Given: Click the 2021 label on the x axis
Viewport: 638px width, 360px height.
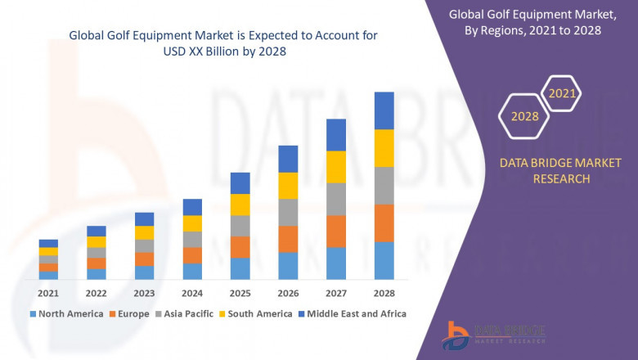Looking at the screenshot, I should tap(48, 293).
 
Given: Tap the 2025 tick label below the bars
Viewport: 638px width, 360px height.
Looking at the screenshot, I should tap(240, 293).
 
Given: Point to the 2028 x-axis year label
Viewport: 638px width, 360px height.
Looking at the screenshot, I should tap(384, 293).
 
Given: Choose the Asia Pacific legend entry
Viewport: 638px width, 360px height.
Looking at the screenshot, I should tap(188, 313).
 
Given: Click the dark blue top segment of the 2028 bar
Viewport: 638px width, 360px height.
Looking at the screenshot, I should tap(384, 110).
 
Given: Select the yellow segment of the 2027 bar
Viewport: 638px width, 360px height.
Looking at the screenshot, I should tap(336, 167).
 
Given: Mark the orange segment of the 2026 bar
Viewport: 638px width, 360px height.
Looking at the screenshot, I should tap(288, 239).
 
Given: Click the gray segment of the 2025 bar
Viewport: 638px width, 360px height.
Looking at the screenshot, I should tap(240, 226).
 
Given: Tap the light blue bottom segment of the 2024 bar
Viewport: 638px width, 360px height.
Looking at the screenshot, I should tap(192, 272).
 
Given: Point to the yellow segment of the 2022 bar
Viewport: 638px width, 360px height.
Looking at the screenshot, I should tap(97, 242).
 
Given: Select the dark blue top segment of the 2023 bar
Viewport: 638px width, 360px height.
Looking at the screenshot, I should tap(144, 219).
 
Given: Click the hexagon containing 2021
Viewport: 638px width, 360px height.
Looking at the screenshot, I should tap(562, 94).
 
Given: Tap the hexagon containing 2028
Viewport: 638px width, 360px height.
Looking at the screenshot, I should tap(524, 116).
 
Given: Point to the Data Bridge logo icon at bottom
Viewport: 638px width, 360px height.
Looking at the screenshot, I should tap(455, 334).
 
